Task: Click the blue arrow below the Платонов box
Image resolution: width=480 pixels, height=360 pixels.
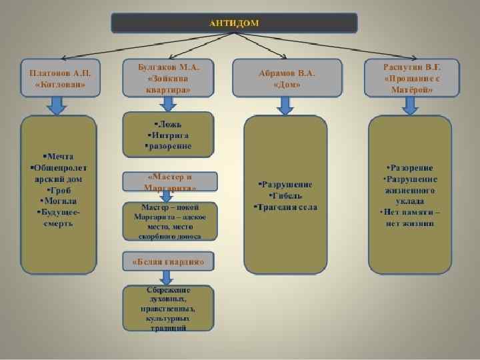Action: tap(58, 105)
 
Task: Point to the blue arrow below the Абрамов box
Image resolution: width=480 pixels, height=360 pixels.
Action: tap(286, 105)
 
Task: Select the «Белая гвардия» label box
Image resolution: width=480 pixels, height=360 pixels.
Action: tap(169, 262)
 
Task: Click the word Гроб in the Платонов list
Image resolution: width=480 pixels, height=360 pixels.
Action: tap(59, 190)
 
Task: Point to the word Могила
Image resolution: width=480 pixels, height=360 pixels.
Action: tap(59, 201)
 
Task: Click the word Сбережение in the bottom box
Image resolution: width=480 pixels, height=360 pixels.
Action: tap(169, 291)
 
